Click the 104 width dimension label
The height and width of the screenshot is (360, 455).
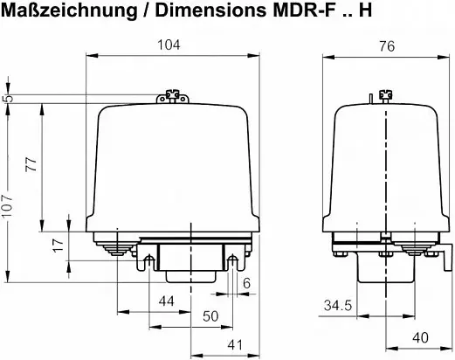click(169, 45)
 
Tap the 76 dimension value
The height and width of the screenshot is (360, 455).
click(387, 46)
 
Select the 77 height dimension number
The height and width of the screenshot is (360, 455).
click(31, 164)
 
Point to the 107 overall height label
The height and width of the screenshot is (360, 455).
click(7, 205)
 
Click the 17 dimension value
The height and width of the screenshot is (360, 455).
click(59, 246)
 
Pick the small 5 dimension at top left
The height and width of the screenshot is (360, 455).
click(10, 98)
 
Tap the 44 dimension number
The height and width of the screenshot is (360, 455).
click(167, 301)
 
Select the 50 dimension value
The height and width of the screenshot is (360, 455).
click(210, 316)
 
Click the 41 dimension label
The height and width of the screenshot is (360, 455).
click(235, 345)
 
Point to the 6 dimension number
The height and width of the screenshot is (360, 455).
click(246, 283)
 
